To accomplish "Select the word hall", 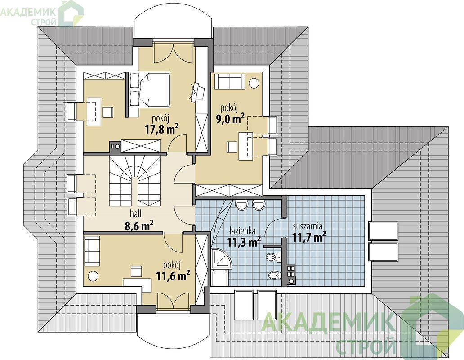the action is (135, 213).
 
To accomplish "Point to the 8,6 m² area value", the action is (139, 226).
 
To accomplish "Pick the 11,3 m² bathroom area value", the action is (244, 242).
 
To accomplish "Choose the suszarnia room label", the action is (308, 226).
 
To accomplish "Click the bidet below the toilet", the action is (274, 275).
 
